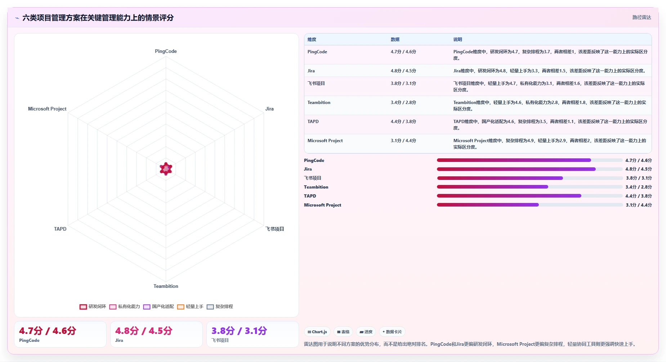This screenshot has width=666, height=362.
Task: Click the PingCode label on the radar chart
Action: tap(166, 51)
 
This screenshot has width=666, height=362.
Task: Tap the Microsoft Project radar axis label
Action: tap(47, 109)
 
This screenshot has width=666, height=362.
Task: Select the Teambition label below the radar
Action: tap(166, 286)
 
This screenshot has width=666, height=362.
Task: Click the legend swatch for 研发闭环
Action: tap(83, 307)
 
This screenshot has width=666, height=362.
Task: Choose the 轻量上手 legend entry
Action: tap(190, 307)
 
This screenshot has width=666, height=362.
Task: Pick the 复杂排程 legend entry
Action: tap(220, 307)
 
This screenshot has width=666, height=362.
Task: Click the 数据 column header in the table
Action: tap(395, 40)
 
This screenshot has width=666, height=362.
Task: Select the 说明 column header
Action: tap(457, 40)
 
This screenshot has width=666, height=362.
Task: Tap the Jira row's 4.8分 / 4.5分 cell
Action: tap(403, 71)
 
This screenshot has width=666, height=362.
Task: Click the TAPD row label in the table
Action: tap(313, 122)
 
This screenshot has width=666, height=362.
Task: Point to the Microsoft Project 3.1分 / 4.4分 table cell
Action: tap(403, 141)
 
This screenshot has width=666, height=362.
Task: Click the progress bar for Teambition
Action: tap(530, 187)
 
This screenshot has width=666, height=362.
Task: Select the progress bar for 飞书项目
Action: tap(530, 178)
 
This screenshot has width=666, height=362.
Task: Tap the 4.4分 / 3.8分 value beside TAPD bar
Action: tap(639, 196)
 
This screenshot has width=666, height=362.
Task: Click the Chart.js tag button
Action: tap(317, 332)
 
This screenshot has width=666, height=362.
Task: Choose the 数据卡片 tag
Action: tap(392, 332)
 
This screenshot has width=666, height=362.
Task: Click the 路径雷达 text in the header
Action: tap(642, 17)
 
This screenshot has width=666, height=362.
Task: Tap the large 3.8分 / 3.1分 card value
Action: tap(239, 331)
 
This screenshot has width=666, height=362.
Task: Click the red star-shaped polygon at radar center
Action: tap(166, 168)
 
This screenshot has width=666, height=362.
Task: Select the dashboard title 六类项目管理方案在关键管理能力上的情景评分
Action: tap(98, 18)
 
